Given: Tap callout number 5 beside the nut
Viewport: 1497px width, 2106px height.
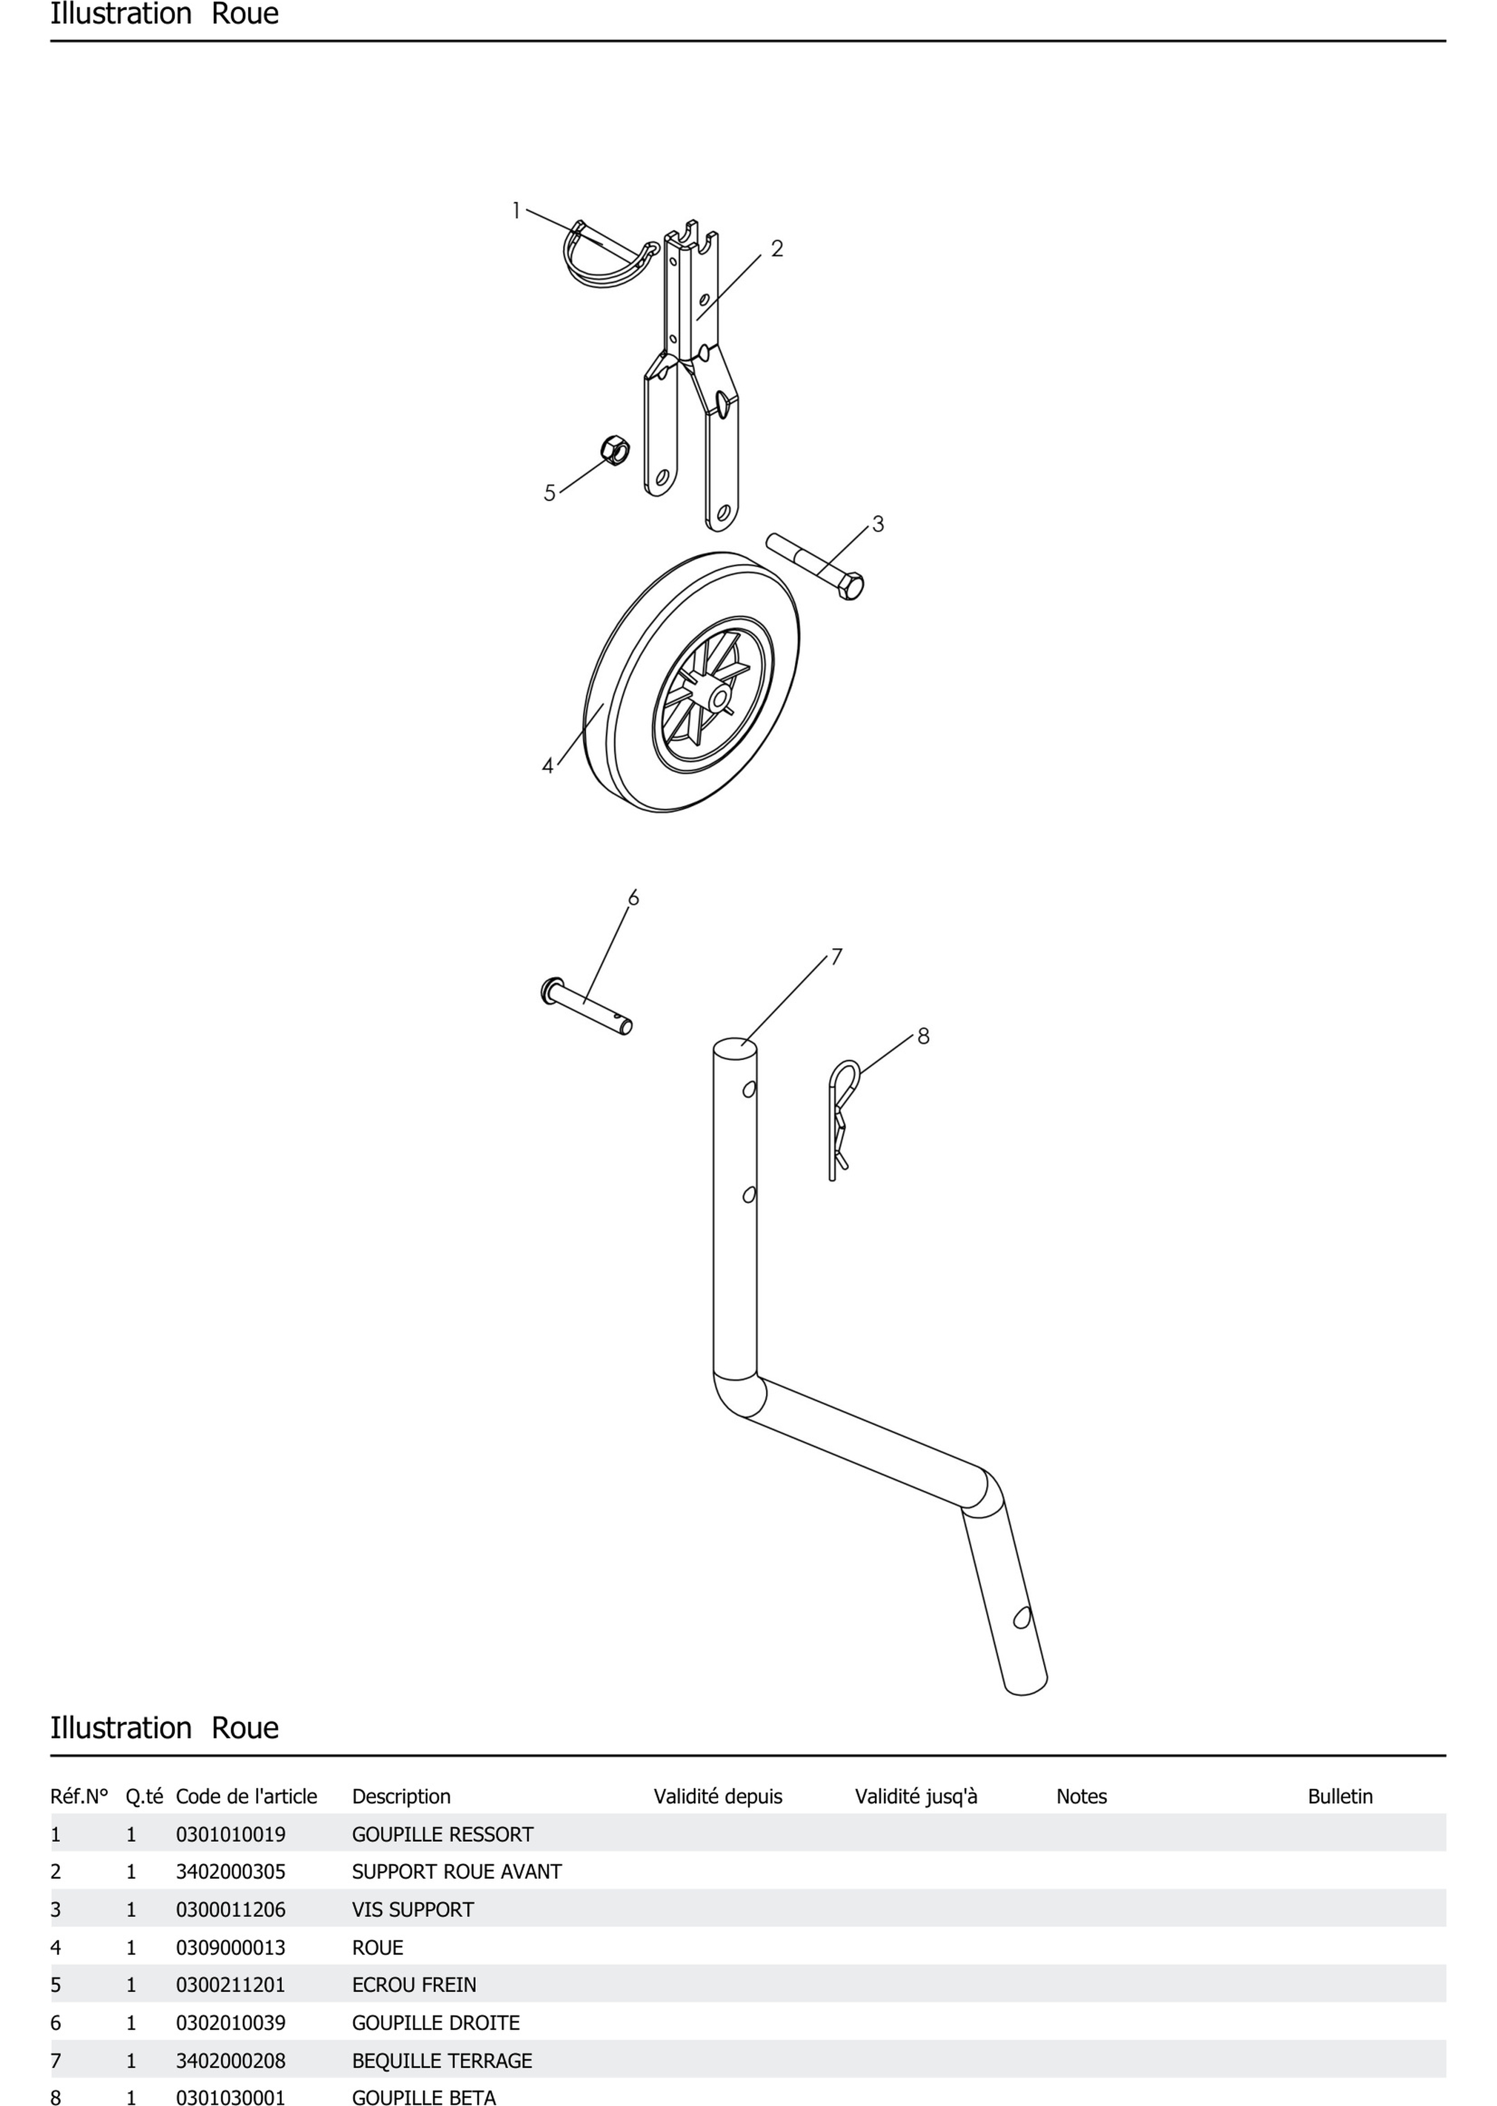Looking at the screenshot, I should (x=549, y=493).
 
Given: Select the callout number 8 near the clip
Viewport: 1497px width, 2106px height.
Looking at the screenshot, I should (x=924, y=1036).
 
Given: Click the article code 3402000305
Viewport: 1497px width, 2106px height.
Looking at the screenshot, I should (x=230, y=1872).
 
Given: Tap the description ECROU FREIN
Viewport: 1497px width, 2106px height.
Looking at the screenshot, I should (x=414, y=1984).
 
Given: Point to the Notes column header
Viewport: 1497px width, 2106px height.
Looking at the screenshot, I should (x=1081, y=1796).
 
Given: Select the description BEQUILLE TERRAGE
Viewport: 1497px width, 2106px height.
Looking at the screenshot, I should (x=441, y=2060).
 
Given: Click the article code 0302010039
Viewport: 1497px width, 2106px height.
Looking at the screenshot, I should (x=230, y=2022).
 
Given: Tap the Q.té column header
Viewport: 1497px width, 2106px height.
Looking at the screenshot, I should (x=144, y=1796).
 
